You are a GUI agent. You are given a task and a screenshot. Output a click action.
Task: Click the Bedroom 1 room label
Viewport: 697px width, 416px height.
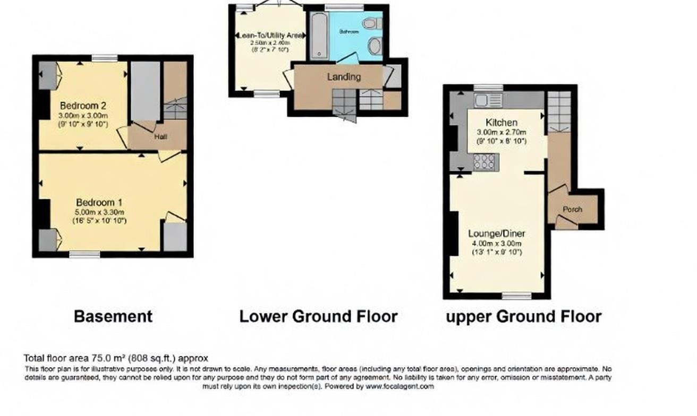(x=99, y=202)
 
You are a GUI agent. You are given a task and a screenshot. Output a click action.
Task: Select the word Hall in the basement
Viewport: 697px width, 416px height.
(x=161, y=137)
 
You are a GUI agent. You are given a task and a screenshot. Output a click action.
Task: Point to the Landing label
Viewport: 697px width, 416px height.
(x=344, y=77)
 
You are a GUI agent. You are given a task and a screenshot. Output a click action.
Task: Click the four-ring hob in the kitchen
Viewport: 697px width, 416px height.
(x=484, y=162)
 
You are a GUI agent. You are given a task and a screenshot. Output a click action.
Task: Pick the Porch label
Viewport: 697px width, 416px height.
(x=573, y=209)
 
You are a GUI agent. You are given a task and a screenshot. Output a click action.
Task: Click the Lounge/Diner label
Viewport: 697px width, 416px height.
(x=497, y=233)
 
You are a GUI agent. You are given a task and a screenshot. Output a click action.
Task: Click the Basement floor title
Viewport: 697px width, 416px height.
(x=113, y=317)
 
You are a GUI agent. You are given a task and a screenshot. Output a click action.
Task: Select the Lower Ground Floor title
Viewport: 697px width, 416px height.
(x=318, y=317)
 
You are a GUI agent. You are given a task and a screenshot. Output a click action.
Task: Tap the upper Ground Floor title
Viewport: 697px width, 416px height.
(x=523, y=317)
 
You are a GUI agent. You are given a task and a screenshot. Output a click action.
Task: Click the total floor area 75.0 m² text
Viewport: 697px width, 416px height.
(x=116, y=358)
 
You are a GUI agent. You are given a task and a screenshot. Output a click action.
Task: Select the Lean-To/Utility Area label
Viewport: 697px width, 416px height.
(x=270, y=36)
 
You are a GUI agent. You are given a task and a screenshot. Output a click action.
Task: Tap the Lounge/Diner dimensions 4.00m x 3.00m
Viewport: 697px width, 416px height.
(x=497, y=244)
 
